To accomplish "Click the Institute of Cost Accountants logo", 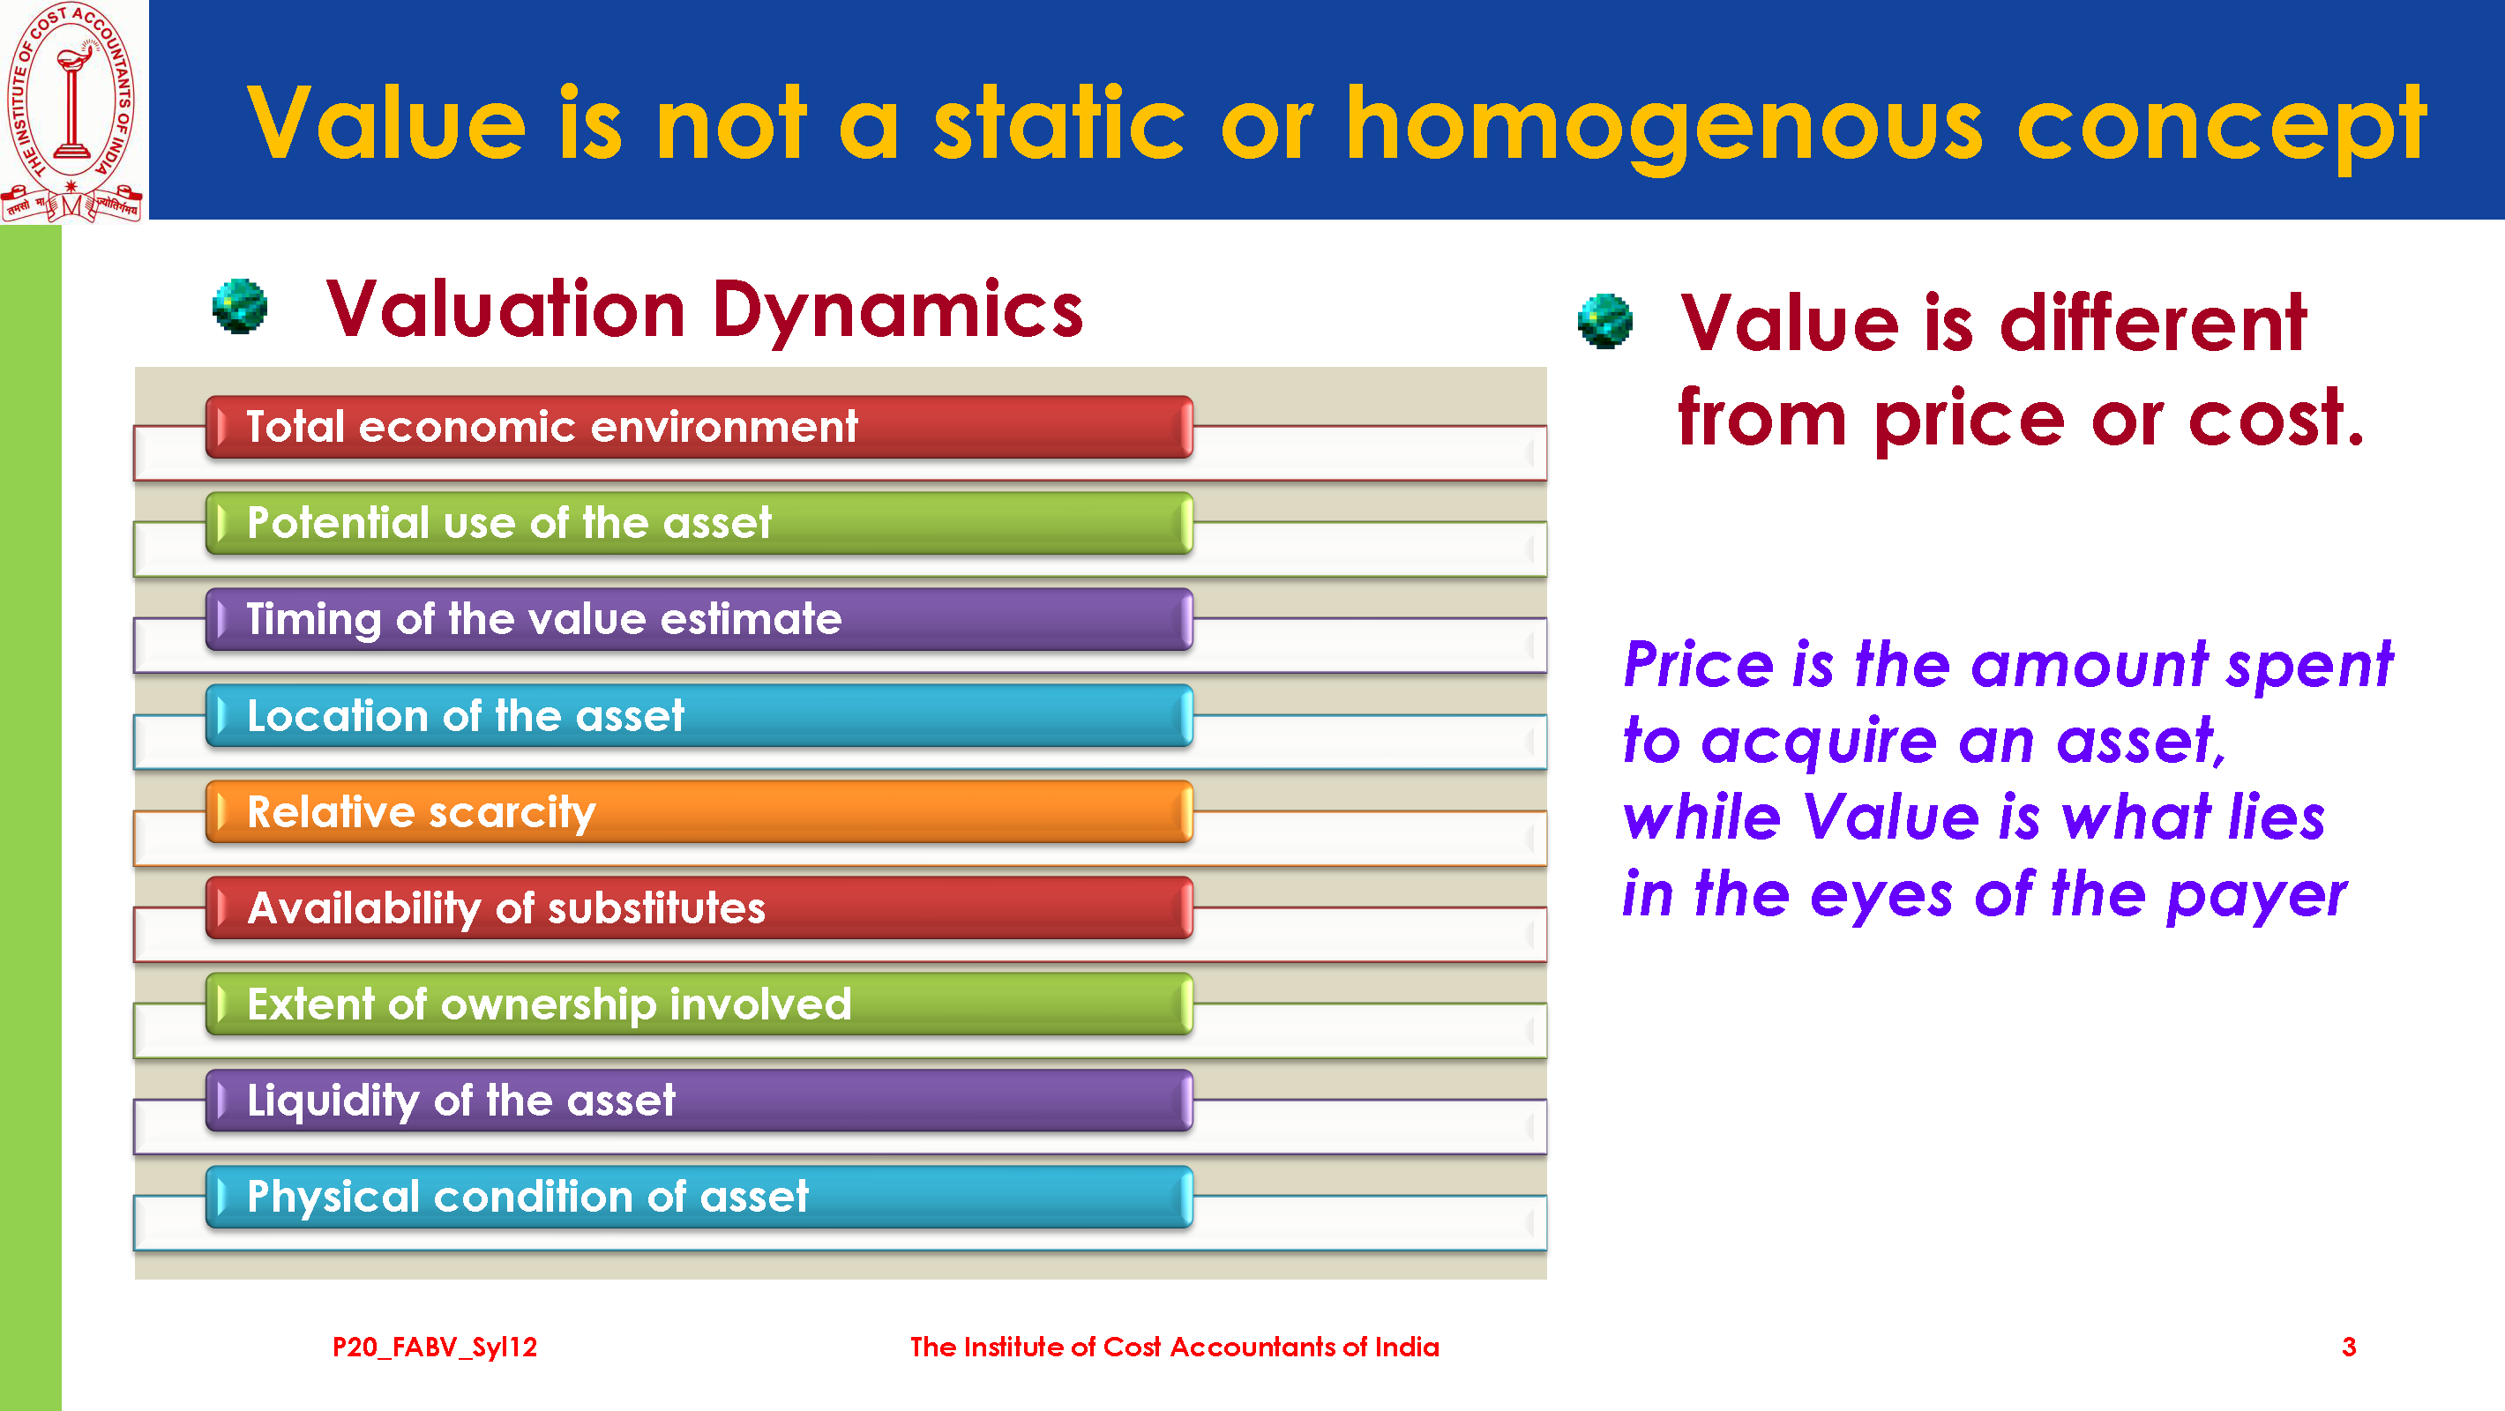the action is pos(72,111).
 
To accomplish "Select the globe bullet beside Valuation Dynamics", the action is pos(239,306).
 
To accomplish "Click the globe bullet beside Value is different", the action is pos(1604,321).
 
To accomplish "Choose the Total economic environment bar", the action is pos(699,427).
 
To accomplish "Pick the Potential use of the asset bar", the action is pos(699,523).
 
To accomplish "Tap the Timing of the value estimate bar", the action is pos(699,619).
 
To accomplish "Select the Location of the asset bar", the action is pos(699,716).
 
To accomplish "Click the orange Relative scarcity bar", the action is pos(699,812).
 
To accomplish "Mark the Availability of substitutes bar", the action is pos(699,908).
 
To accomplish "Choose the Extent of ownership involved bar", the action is pos(699,1004).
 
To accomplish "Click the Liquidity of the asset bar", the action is pos(699,1101).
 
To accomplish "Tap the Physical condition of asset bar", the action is pos(699,1197).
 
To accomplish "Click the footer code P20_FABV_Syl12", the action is pos(435,1348).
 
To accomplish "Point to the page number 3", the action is pos(2348,1347).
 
